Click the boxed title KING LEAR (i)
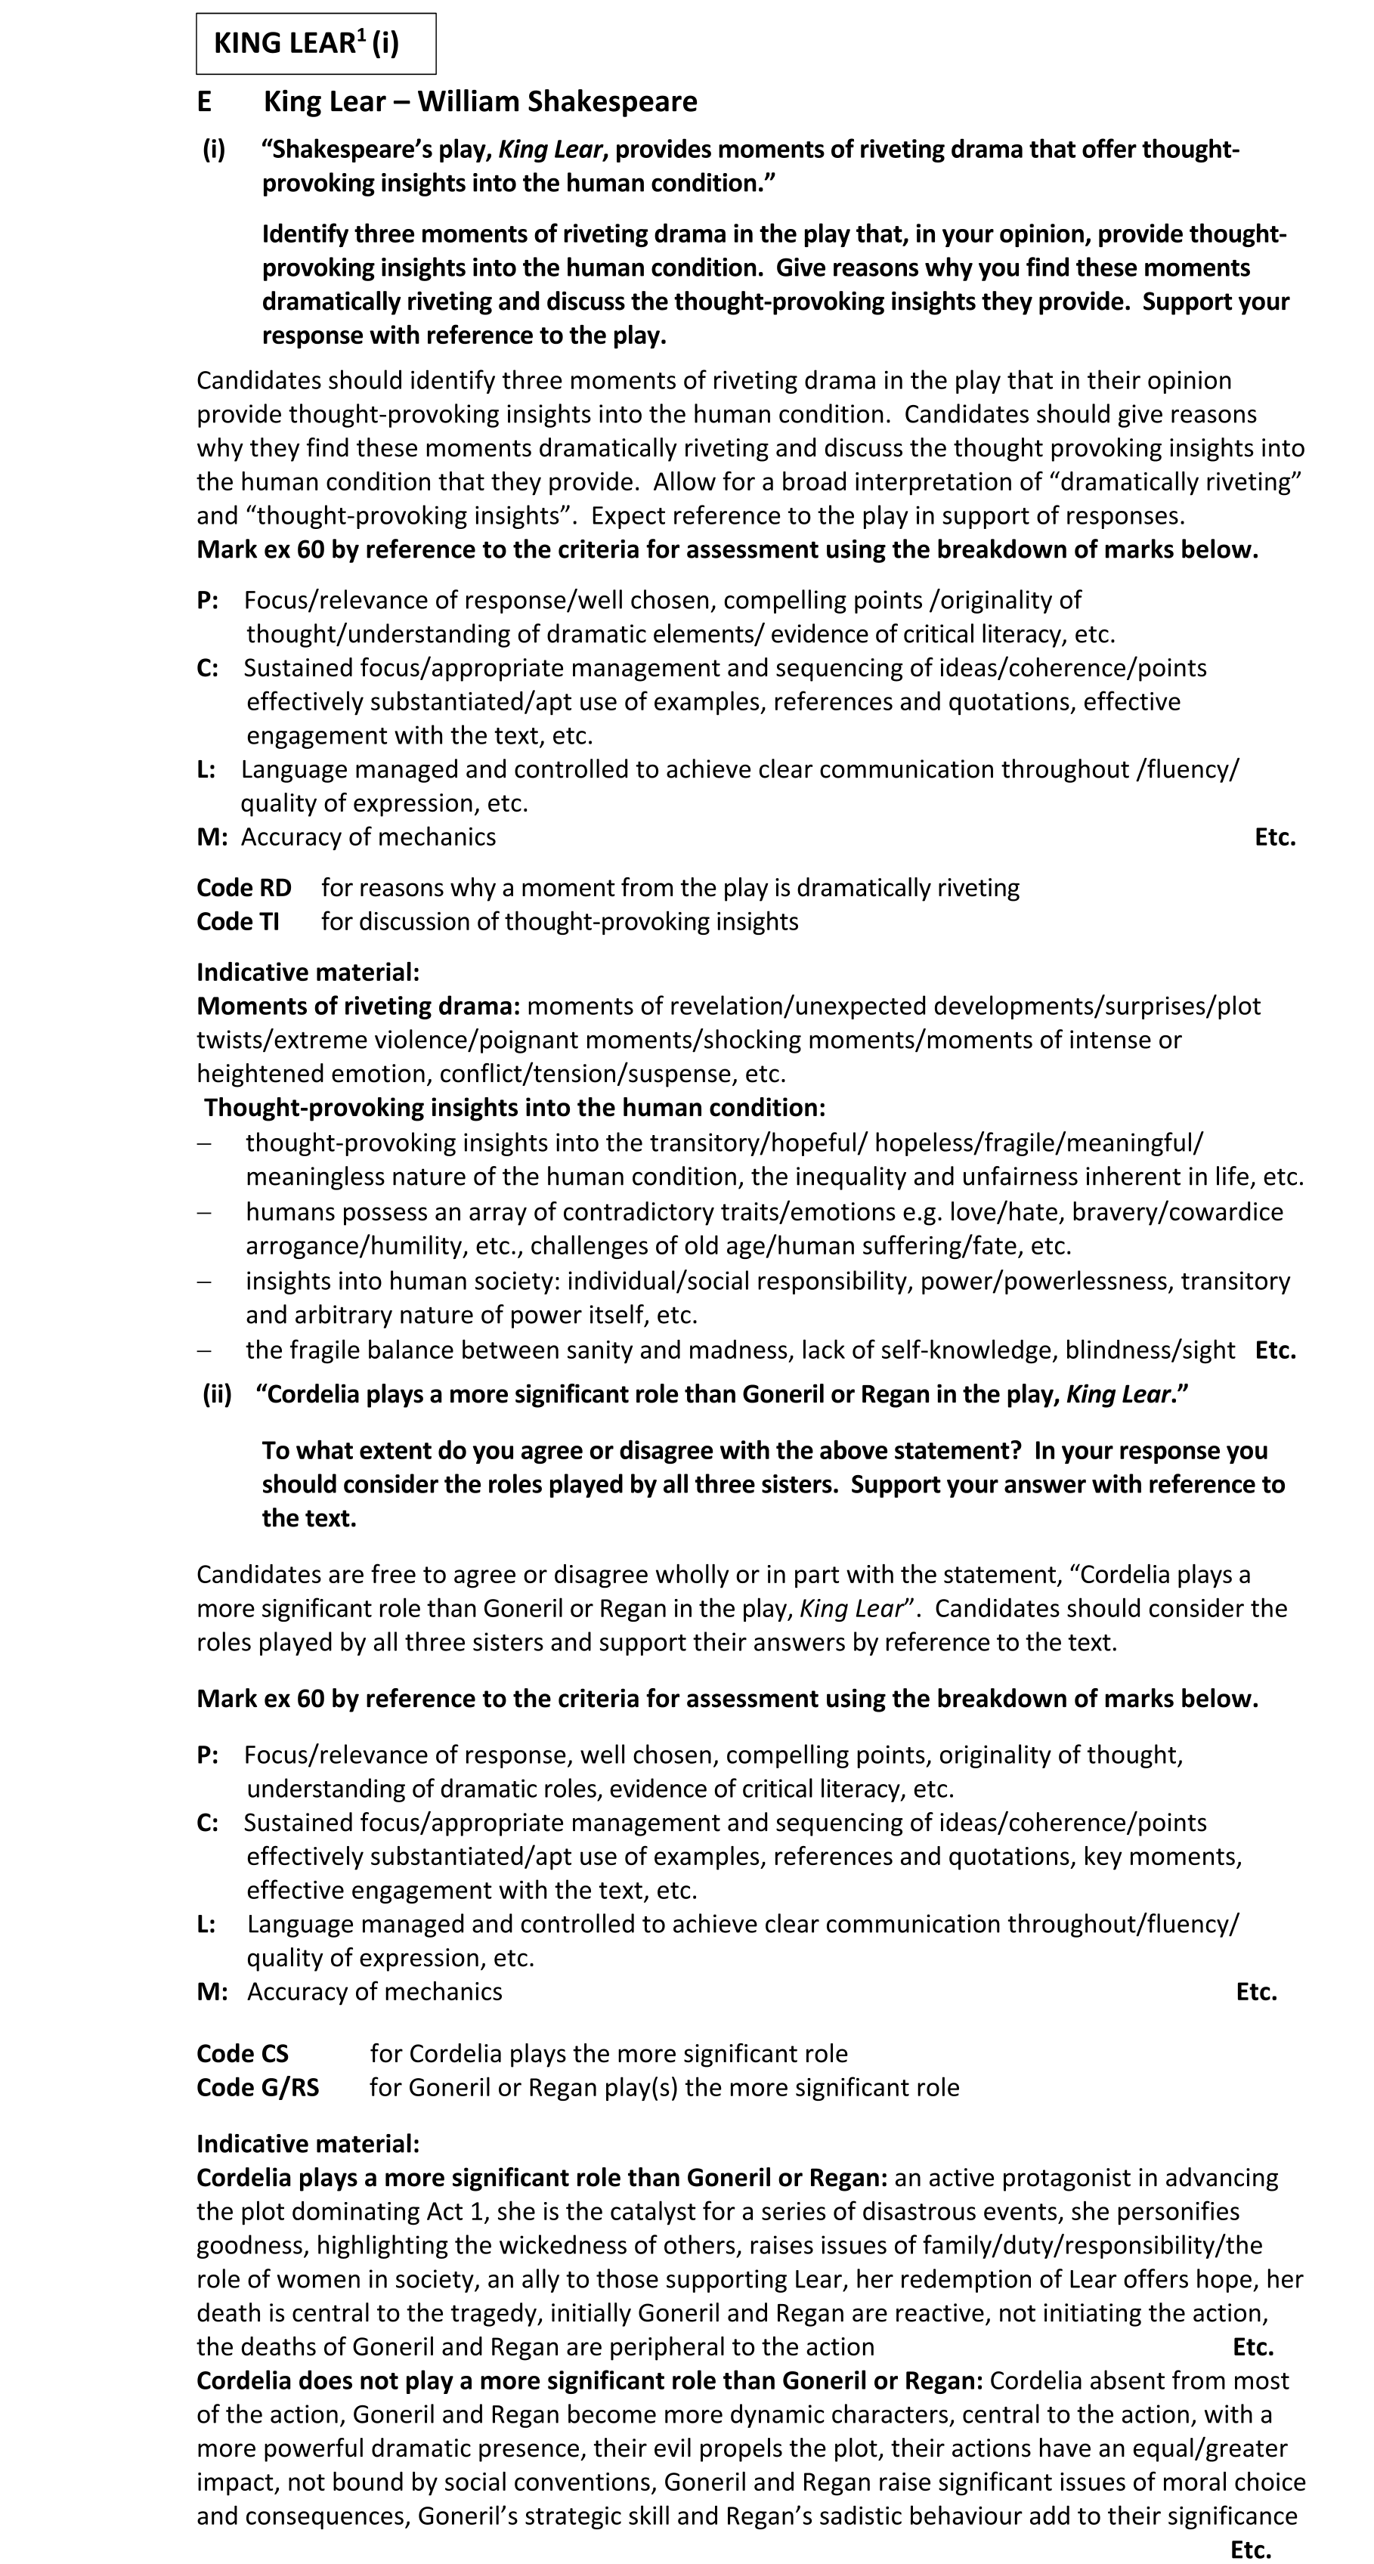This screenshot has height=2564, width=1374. tap(307, 44)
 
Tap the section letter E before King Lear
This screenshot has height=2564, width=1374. tap(204, 101)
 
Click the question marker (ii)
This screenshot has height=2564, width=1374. tap(217, 1393)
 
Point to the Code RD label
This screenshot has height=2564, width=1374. tap(244, 888)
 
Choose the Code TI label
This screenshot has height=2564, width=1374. tap(238, 922)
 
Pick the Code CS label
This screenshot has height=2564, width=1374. tap(242, 2053)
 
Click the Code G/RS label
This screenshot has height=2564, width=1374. tap(258, 2087)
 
